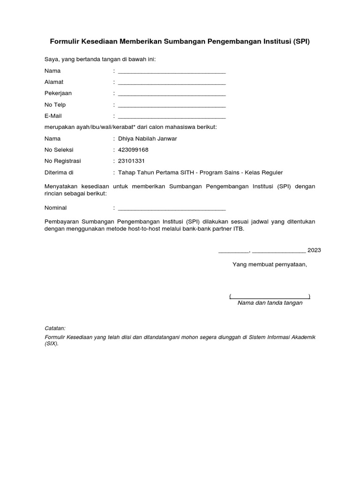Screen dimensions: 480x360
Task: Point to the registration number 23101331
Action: pos(132,161)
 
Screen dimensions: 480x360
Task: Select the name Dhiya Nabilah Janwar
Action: pos(148,139)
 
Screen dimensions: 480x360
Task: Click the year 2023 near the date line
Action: pos(314,250)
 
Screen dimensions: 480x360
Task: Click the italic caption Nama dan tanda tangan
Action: pos(270,303)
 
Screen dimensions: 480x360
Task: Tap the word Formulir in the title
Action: pos(65,42)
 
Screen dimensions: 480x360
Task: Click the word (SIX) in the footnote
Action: pos(51,343)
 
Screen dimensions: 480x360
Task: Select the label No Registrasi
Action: pos(63,161)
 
